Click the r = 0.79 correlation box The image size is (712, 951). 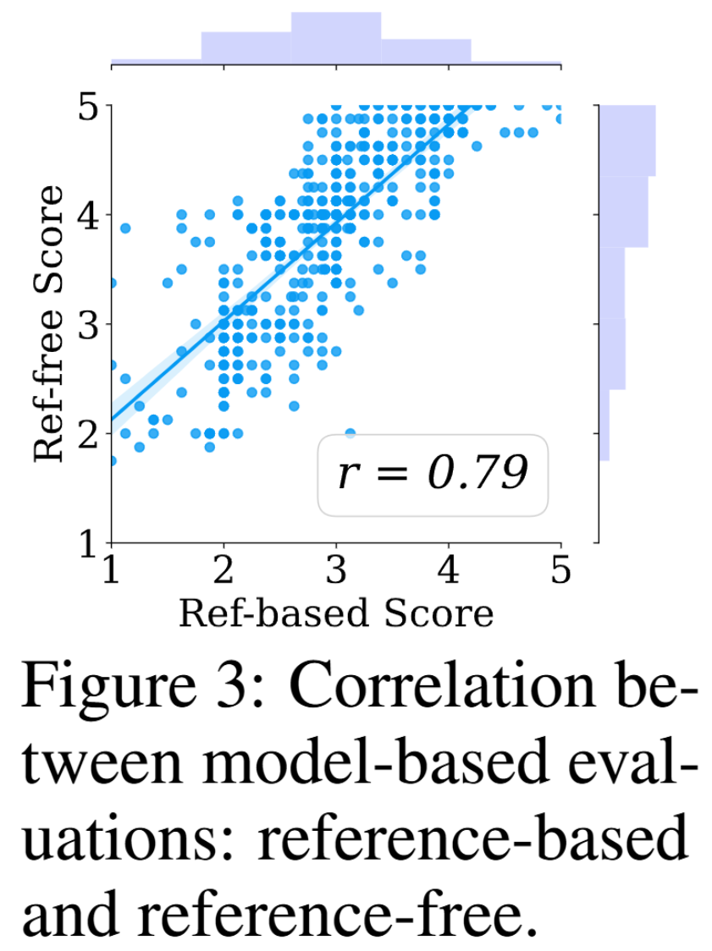pos(433,475)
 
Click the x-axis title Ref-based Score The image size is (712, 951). pos(335,613)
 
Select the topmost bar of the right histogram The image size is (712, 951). pos(627,140)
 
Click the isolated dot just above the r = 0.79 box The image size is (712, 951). pos(350,432)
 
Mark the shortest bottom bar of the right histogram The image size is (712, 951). pos(604,426)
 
